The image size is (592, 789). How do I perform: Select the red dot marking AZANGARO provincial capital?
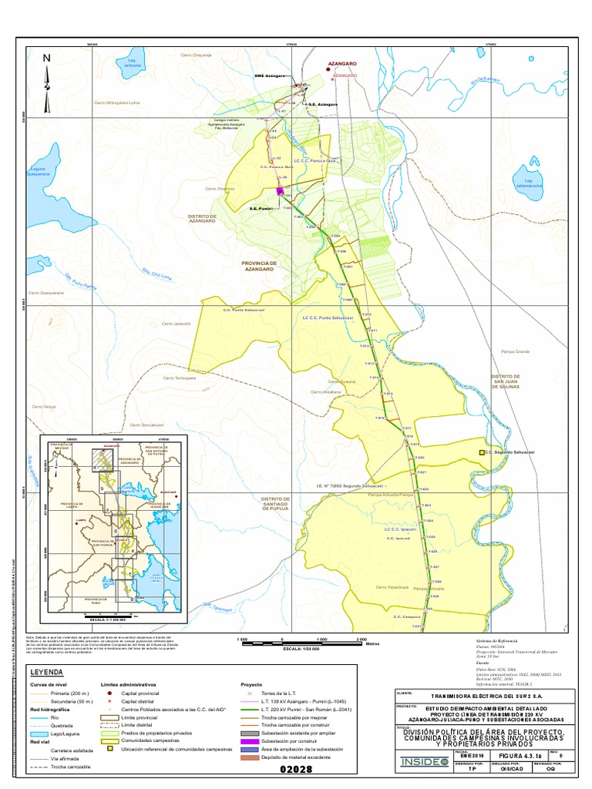(329, 67)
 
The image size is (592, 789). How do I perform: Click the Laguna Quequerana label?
(38, 172)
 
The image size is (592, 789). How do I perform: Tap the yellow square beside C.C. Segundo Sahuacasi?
(482, 453)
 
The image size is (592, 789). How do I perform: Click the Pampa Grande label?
(516, 351)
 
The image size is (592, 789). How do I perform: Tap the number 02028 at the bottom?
(297, 770)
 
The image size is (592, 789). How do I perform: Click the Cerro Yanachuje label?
(391, 587)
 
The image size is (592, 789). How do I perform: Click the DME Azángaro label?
(271, 76)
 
